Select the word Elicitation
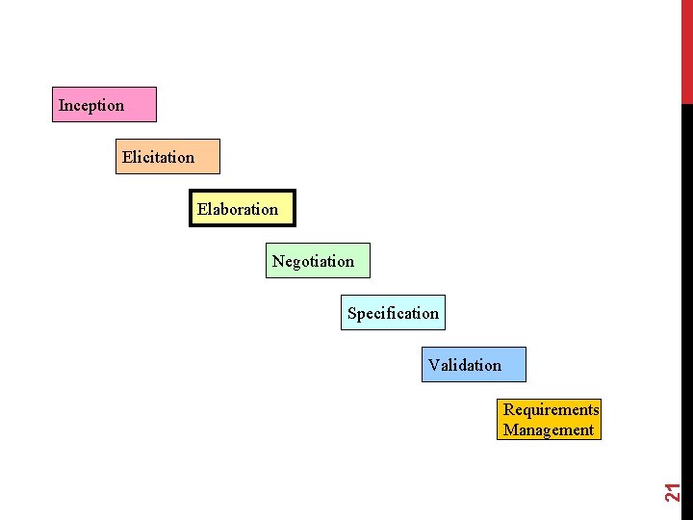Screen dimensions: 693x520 tap(158, 157)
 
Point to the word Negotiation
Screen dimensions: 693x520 tap(313, 261)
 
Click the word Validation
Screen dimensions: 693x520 tap(465, 365)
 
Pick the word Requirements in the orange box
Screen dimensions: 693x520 tap(551, 409)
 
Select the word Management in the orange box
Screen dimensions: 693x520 tap(549, 430)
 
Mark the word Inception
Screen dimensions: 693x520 tap(91, 105)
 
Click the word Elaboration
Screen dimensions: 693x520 tap(238, 209)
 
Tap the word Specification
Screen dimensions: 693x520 tap(393, 313)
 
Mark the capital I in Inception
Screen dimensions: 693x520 tap(61, 105)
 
